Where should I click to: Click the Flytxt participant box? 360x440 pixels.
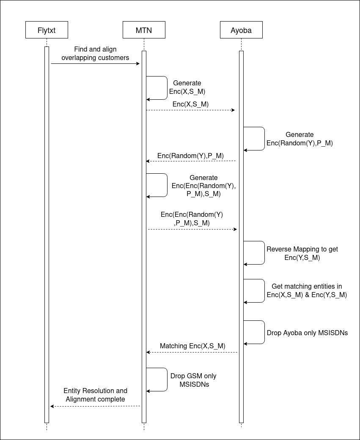47,30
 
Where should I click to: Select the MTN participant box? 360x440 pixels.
144,30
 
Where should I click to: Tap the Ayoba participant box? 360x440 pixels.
241,30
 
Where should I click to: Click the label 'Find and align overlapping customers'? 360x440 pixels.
95,53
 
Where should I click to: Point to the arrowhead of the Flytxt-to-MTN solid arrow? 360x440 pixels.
138,64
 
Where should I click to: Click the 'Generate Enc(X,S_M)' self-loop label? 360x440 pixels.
187,87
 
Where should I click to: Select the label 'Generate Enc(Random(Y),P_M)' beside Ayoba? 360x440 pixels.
300,139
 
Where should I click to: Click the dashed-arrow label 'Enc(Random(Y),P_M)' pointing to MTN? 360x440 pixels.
190,156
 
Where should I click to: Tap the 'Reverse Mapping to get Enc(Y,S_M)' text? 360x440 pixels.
302,253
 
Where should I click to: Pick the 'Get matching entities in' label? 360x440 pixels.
307,287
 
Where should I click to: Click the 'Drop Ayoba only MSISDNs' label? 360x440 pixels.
307,333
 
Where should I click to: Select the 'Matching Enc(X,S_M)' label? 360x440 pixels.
192,346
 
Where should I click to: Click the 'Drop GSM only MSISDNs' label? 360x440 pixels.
193,380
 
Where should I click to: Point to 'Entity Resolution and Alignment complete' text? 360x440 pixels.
95,395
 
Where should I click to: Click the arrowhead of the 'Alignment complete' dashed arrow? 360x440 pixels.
52,406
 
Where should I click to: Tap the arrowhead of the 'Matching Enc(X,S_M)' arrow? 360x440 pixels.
148,352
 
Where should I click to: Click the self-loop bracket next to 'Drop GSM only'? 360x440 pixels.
167,380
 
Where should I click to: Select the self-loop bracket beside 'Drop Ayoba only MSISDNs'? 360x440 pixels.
264,332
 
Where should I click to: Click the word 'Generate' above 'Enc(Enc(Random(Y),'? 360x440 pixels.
203,178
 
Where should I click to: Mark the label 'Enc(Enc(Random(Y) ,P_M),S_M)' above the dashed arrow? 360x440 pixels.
192,219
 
